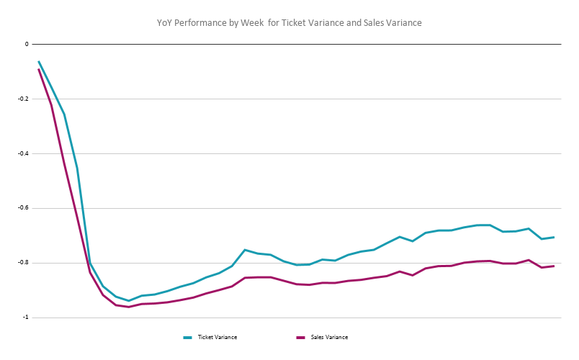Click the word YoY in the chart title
coord(164,23)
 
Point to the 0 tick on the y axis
coord(27,44)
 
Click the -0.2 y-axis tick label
coord(24,99)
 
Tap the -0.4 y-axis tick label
coord(24,153)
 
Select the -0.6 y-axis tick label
coord(24,208)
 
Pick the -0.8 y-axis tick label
coord(24,263)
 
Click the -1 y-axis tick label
coord(25,318)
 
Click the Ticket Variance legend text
coord(217,337)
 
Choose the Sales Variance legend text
coord(330,337)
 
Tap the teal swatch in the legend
coord(188,337)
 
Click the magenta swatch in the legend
coord(301,337)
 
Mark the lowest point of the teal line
coord(129,301)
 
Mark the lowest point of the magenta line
coord(129,307)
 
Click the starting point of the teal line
coord(39,62)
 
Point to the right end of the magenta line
coord(554,266)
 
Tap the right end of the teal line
coord(554,237)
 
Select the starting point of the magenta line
coord(39,69)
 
